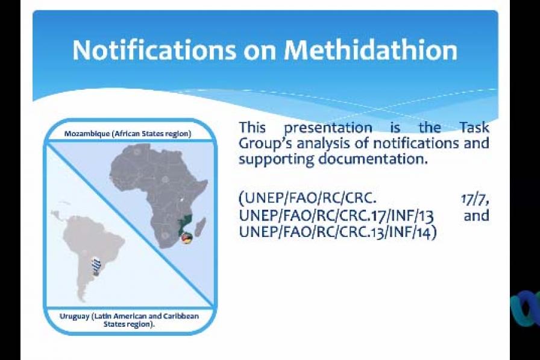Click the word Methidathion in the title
coord(371,50)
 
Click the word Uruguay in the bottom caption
coord(74,317)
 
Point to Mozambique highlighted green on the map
coord(186,224)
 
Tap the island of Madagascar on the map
coord(200,227)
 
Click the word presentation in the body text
coord(328,128)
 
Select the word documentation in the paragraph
coord(372,159)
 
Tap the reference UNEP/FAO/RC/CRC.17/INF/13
coord(336,215)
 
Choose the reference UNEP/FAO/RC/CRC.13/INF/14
coord(337,232)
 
